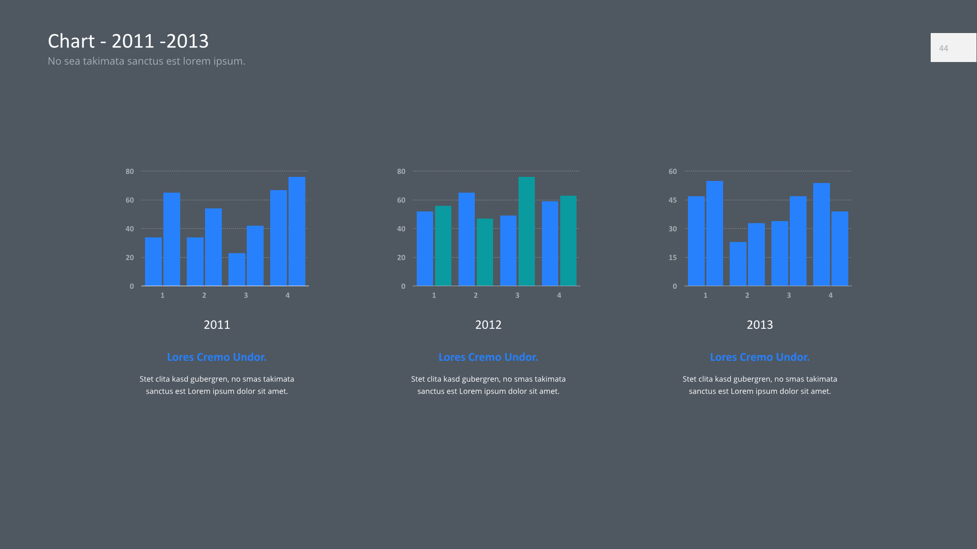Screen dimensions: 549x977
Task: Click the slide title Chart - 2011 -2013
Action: (x=128, y=41)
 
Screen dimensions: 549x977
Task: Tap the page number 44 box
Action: (x=953, y=48)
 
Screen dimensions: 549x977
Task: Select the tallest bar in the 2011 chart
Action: (x=297, y=231)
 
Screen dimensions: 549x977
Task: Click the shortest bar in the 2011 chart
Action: (x=237, y=269)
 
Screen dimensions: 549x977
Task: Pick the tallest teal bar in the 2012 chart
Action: (x=527, y=231)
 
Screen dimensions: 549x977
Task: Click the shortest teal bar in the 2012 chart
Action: (x=485, y=252)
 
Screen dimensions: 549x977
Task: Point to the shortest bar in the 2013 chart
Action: (x=738, y=264)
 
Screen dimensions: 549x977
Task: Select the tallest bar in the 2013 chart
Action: (x=714, y=233)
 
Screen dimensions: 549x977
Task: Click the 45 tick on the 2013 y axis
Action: (x=673, y=200)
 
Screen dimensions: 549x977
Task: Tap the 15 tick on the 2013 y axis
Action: (x=673, y=258)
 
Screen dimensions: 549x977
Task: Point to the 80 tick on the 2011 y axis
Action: (x=130, y=171)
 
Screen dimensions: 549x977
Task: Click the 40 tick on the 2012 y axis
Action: (x=401, y=229)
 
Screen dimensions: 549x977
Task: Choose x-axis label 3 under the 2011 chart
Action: (x=246, y=295)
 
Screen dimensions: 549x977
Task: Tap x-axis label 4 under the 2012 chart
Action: (x=559, y=295)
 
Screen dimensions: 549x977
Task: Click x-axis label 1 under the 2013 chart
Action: (x=705, y=295)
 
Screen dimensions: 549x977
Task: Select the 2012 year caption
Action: (x=488, y=325)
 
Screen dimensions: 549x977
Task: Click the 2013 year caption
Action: (x=760, y=325)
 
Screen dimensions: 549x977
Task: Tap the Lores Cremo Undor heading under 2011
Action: (x=217, y=357)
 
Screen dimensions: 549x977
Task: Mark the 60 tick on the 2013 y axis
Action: (x=673, y=171)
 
